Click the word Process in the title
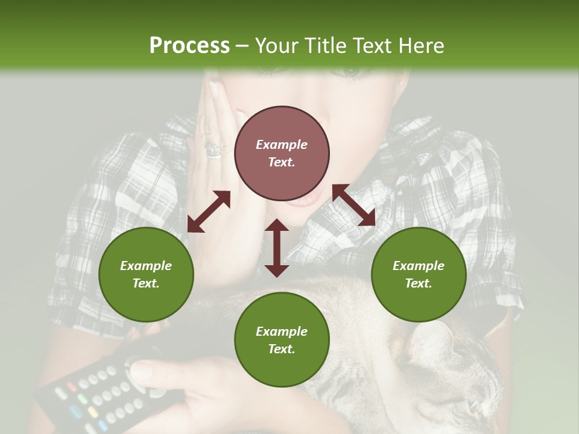coord(189,45)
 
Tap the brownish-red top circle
coord(282,154)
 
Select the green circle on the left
coord(146,274)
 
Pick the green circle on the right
coord(419,274)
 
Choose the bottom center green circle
coord(282,340)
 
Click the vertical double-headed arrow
coord(277,248)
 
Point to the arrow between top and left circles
coord(209,212)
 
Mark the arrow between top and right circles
coord(354,205)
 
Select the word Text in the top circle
coord(282,162)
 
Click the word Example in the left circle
coord(146,266)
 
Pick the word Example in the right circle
coord(419,266)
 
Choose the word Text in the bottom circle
coord(282,349)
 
